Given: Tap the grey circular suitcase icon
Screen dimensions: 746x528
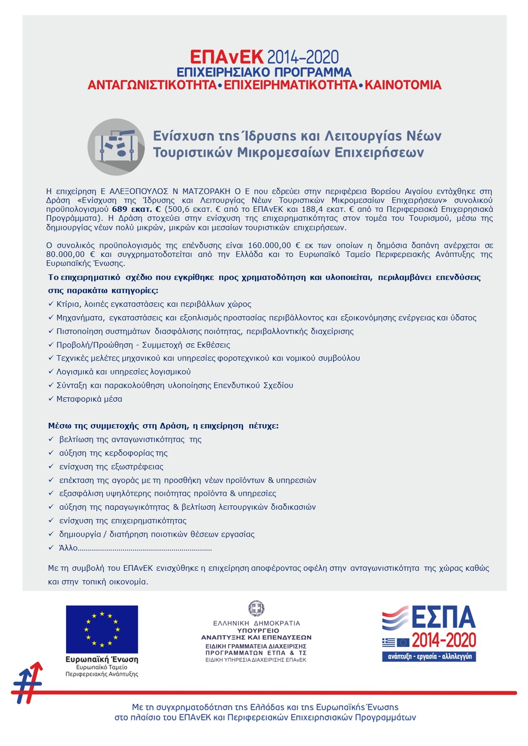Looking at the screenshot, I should coord(116,147).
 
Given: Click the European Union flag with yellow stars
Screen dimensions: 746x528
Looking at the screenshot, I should coord(102,629).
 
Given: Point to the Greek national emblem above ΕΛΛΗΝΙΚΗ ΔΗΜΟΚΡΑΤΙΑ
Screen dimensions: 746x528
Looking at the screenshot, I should coord(256,608).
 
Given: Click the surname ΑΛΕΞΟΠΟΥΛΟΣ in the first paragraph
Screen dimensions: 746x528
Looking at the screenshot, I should coord(139,192).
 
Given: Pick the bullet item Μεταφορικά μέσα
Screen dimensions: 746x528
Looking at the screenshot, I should coord(89,399).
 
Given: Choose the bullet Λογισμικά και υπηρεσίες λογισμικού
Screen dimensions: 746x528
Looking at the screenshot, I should coord(124,372).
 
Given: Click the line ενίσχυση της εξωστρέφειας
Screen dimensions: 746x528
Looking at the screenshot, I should coord(111,467).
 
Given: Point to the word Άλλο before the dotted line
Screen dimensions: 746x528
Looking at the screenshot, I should coord(68,548).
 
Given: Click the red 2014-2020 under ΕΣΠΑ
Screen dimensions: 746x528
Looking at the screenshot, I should coord(444,640).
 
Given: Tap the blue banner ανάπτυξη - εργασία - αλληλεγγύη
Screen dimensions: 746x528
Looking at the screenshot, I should coord(429,656).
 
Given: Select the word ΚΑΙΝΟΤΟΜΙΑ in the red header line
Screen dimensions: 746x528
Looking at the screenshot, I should coord(403,85).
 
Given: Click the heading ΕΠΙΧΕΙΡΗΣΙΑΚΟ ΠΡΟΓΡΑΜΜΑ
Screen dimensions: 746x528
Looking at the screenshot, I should coord(264,72).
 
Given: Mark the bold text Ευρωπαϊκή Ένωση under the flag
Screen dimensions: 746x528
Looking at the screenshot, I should coord(102,660).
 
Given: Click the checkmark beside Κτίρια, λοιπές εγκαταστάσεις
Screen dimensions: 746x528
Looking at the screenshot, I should coord(51,304).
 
